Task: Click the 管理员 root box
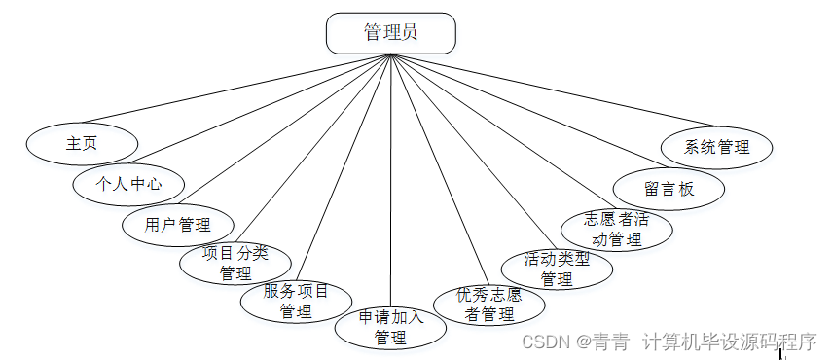click(x=390, y=33)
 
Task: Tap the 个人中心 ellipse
click(x=128, y=183)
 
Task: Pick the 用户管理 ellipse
click(x=178, y=225)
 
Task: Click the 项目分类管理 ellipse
click(x=235, y=263)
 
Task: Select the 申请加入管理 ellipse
click(x=390, y=327)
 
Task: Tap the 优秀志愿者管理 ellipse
click(x=488, y=305)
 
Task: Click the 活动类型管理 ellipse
click(x=557, y=269)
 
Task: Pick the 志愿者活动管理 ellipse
click(x=617, y=229)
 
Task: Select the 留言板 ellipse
click(x=669, y=189)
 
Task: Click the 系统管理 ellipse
click(x=717, y=147)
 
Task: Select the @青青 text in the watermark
click(x=602, y=342)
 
